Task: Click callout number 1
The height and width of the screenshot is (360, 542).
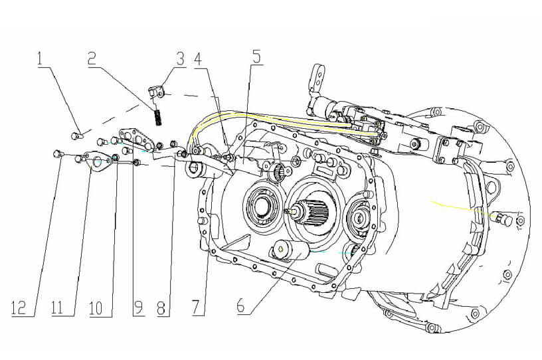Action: coord(43,58)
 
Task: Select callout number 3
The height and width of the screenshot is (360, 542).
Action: coord(180,57)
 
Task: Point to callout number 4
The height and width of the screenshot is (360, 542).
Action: coord(197,57)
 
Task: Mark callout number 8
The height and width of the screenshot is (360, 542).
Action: coord(161,307)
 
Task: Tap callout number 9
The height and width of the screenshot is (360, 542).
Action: coord(138,307)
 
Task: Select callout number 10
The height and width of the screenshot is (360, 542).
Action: coord(97,307)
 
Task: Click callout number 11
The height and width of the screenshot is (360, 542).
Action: coord(60,307)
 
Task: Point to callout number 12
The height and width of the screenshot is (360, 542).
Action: coord(21,307)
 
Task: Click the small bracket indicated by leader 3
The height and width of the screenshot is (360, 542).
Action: coord(157,91)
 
